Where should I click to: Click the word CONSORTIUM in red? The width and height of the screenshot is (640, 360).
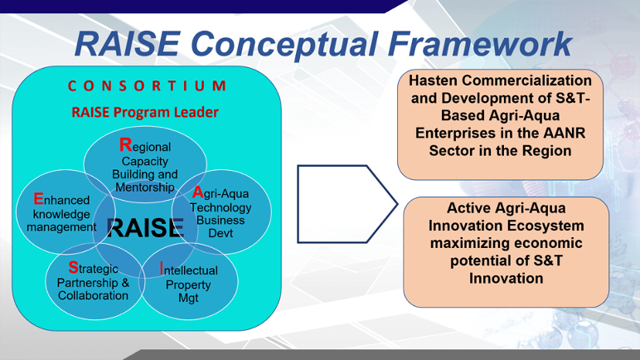click(147, 85)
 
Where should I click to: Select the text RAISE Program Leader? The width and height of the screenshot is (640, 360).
click(145, 112)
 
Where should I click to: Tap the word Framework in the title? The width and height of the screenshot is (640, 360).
click(480, 44)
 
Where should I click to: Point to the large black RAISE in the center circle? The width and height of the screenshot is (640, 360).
click(145, 227)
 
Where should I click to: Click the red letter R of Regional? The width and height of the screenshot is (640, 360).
click(126, 144)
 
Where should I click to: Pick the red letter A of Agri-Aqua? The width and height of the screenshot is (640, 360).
click(198, 192)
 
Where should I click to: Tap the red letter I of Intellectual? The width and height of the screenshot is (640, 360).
click(162, 269)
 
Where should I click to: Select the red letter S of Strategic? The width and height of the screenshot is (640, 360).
click(74, 268)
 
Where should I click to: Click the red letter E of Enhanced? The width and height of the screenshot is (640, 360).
click(38, 199)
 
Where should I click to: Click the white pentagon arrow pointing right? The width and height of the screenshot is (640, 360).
click(347, 204)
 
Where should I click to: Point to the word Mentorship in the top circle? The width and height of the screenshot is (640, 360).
click(145, 187)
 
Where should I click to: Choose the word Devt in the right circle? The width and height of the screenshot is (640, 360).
click(221, 233)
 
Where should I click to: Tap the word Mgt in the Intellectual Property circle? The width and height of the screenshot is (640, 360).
click(188, 299)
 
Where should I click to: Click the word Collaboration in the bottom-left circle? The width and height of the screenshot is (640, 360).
click(93, 295)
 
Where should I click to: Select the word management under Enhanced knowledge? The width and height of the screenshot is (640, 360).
click(61, 227)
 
